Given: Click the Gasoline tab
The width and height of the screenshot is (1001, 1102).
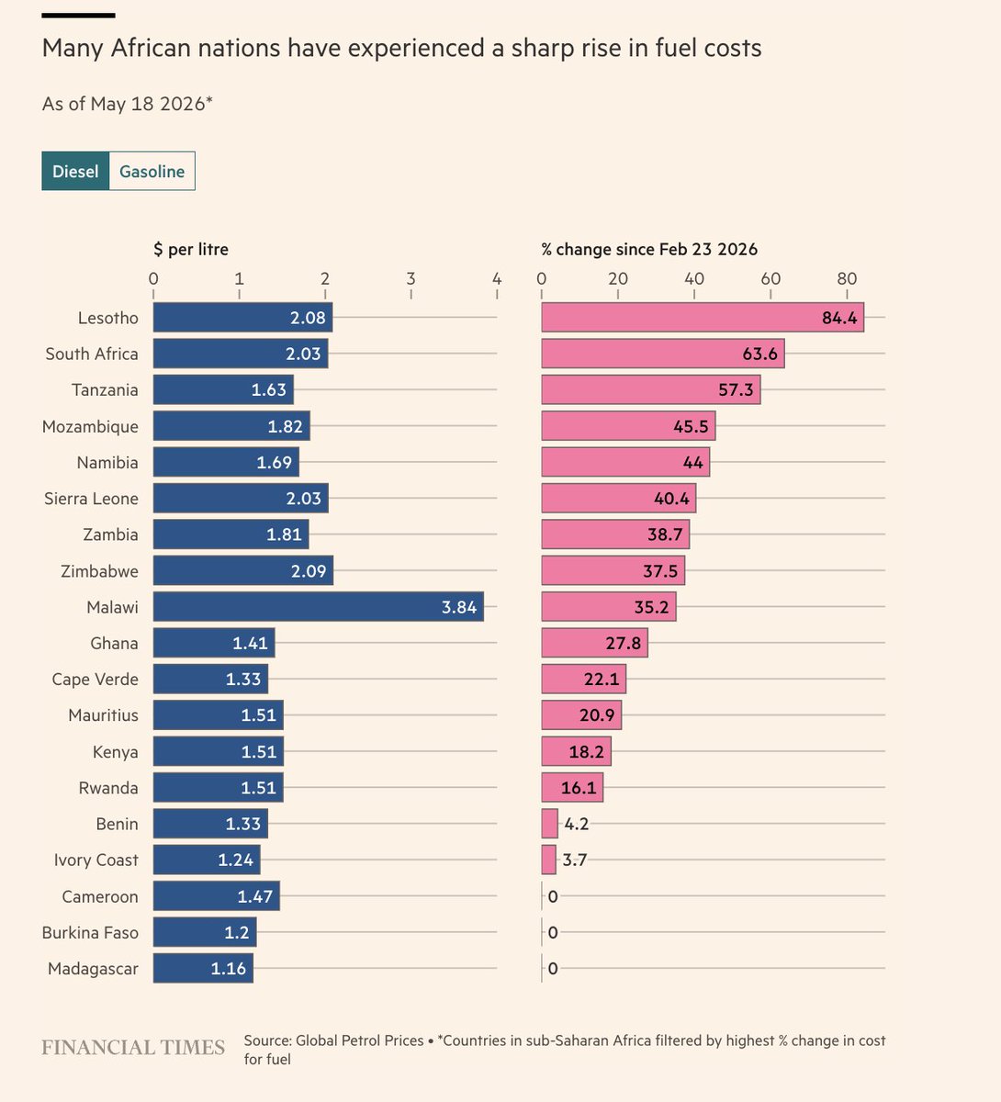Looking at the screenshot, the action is [152, 171].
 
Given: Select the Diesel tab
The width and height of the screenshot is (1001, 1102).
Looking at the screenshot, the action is [75, 171].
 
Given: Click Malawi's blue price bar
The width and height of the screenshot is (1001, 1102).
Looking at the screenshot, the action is [319, 606].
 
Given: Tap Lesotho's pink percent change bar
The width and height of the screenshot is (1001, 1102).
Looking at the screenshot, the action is [703, 317].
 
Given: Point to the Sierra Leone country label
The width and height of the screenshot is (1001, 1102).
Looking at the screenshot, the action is [91, 499].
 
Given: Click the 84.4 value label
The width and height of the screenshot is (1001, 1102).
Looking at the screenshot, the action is [839, 318].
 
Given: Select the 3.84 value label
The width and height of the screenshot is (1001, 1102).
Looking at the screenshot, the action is [459, 607].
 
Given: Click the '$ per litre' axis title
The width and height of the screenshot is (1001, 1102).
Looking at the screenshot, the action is [191, 250].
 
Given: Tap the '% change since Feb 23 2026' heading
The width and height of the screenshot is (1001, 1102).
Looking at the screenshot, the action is [649, 250].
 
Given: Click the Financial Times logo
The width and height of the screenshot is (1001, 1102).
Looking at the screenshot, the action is [133, 1047].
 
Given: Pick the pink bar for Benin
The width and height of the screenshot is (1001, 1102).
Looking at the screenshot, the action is [549, 824].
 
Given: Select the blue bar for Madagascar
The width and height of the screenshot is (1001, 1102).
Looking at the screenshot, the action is [203, 968].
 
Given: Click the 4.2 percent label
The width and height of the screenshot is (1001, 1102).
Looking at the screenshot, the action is [577, 824].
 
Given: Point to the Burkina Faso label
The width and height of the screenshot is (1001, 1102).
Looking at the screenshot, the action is [90, 932].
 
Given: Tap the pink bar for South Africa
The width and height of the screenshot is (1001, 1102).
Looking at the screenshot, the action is [663, 354].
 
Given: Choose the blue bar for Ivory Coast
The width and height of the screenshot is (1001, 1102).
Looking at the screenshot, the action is [207, 860].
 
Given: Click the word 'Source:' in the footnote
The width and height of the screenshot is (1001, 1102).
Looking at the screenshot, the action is [267, 1040].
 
